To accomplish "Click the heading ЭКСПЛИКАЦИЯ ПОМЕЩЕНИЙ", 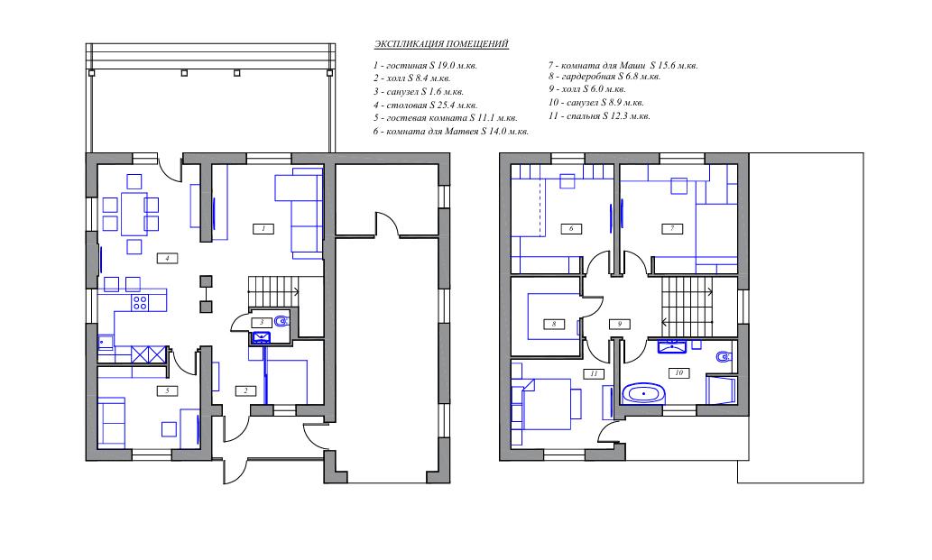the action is [441, 44].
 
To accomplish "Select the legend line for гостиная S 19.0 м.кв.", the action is [425, 65].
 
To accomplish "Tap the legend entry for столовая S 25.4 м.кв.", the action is [425, 106].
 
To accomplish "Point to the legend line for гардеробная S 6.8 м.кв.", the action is [604, 76].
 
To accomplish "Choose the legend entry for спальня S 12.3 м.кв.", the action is [599, 115].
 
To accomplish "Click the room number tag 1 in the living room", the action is [263, 228].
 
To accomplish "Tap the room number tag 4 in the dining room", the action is [167, 258].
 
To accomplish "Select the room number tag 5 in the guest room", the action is [167, 390].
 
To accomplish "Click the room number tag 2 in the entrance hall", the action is [245, 390].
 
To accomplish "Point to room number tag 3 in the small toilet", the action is [261, 322].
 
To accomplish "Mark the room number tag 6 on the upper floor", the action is [571, 228].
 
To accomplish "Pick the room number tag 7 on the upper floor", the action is [672, 228].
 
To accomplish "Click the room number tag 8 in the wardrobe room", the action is [554, 325].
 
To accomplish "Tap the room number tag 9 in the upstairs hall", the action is [619, 325].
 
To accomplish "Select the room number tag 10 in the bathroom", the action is [678, 373].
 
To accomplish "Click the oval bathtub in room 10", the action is [643, 394].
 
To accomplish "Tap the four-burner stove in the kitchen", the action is [140, 302].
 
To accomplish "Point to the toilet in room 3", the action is [281, 322].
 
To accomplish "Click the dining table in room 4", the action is [134, 214].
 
